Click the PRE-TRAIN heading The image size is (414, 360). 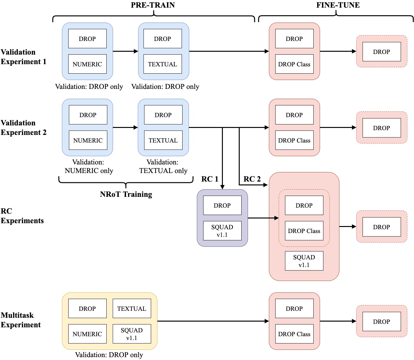point(153,5)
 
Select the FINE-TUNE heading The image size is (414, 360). point(338,5)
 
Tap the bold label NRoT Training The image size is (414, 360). point(126,194)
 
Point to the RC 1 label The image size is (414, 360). point(210,179)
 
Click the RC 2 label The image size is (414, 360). point(252,179)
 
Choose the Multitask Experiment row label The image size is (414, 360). point(21,320)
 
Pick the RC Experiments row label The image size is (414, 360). point(22,216)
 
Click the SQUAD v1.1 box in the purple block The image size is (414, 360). point(222,231)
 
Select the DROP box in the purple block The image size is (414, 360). point(222,205)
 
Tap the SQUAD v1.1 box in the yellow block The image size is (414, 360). point(132,334)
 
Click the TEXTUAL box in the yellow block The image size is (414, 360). point(132,309)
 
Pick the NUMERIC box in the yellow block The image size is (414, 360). point(87,334)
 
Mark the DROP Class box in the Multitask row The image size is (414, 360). point(294,334)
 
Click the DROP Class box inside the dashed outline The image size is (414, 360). point(304,231)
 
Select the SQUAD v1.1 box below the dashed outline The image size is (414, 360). point(304,261)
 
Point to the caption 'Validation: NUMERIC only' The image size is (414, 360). point(89,167)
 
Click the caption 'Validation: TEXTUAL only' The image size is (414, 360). point(163,167)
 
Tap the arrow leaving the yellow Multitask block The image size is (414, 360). point(213,321)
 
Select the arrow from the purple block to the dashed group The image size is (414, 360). point(263,218)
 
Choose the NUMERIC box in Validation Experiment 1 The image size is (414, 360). point(87,64)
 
